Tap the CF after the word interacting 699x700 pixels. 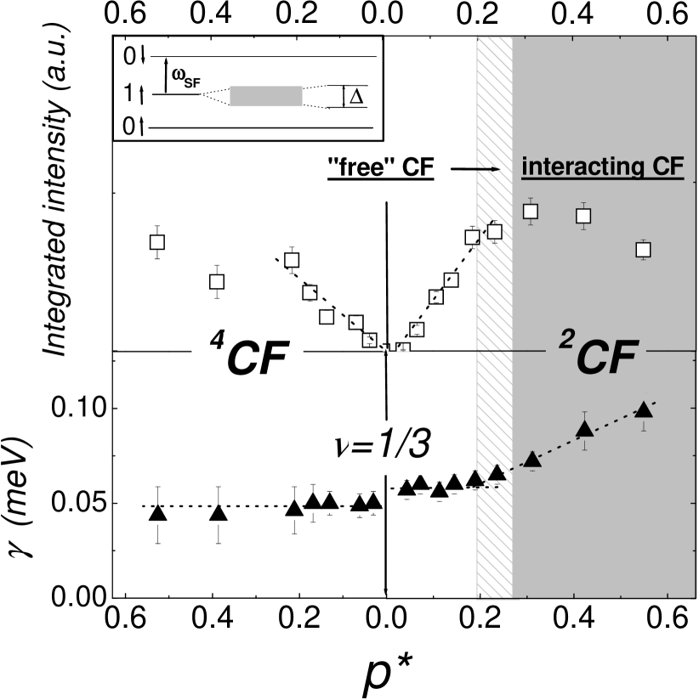pos(664,167)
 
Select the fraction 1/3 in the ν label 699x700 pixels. pos(402,444)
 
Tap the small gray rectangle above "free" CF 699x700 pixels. pos(265,96)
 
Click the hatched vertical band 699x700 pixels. pos(494,323)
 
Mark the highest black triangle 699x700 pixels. pos(644,409)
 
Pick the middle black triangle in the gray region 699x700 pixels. pos(584,429)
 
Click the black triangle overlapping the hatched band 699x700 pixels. pos(497,473)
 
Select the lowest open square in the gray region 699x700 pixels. pos(643,250)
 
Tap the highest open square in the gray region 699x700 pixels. pos(531,211)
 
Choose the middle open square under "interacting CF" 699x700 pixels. pos(583,216)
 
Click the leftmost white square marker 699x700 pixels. pos(156,242)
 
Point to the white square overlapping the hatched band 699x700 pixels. pos(494,231)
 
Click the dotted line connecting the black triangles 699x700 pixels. pos(557,445)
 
